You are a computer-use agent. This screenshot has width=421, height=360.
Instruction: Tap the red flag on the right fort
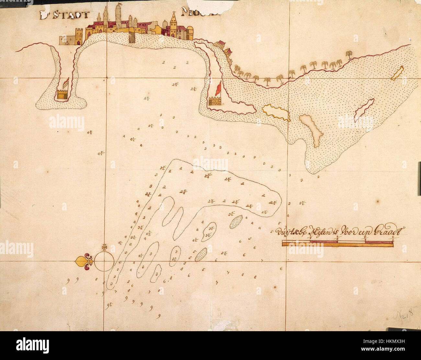219,88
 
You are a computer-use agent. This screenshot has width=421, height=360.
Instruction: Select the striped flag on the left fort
66,83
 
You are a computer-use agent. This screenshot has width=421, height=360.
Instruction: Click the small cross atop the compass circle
104,247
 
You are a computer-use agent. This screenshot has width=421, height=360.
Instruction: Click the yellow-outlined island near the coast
276,112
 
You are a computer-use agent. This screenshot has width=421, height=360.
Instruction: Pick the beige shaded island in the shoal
311,129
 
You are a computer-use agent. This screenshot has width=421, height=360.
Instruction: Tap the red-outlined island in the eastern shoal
364,108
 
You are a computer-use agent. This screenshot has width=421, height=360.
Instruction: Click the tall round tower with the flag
118,16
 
